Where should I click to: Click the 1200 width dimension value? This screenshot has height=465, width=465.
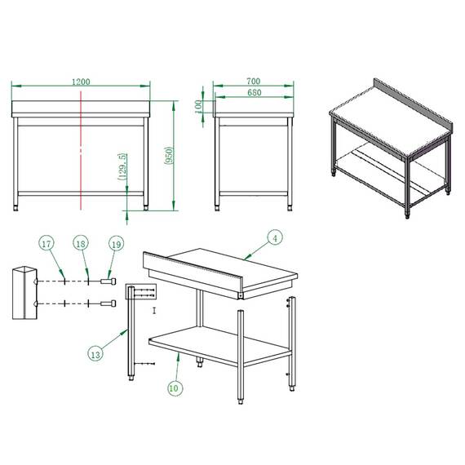81,82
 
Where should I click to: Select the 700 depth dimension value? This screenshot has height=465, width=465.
253,82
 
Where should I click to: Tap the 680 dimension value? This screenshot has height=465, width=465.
253,93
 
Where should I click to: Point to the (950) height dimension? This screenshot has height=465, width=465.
167,156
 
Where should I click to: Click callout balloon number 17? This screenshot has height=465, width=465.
46,244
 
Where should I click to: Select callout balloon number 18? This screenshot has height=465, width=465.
81,244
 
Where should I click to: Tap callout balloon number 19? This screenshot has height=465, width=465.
115,244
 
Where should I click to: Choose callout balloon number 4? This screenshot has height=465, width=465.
276,238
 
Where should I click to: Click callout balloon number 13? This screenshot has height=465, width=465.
95,353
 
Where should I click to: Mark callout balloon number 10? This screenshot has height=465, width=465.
173,388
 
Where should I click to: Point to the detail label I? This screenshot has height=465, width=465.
153,311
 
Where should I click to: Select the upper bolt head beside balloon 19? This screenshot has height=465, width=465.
108,281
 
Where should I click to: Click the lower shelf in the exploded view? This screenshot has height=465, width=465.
220,343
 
